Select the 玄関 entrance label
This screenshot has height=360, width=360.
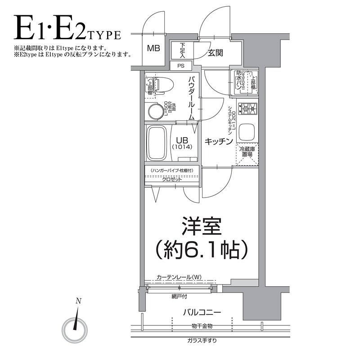click(x=215, y=53)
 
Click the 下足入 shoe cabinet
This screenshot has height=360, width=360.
click(x=182, y=50)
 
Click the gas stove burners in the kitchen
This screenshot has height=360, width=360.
click(x=247, y=108)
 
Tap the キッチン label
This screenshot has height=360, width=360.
click(x=219, y=141)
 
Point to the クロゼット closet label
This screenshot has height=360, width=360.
click(x=172, y=179)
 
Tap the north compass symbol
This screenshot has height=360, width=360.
click(x=76, y=328)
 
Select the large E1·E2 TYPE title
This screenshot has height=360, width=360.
click(x=67, y=30)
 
